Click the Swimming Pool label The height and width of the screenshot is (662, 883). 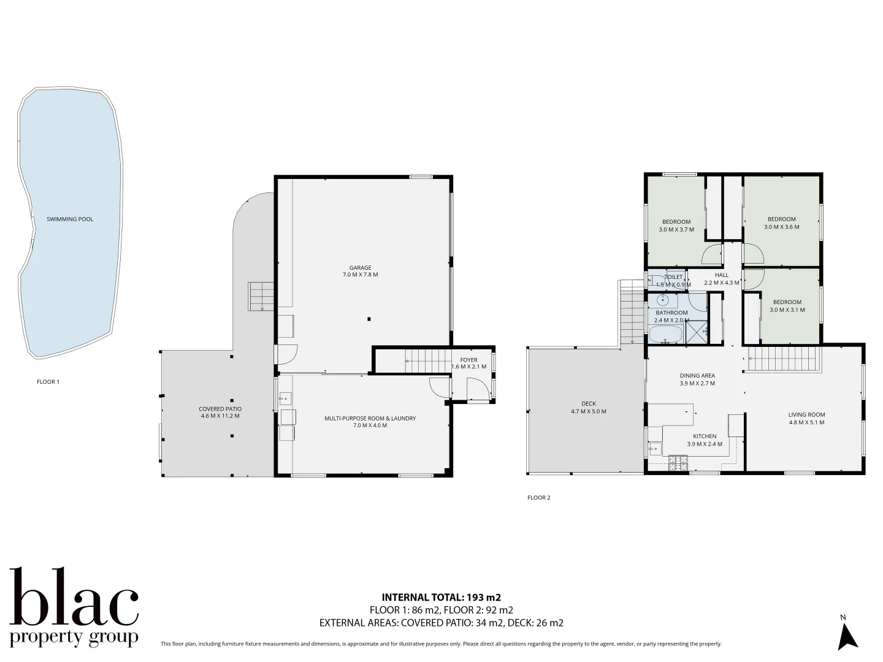(70, 219)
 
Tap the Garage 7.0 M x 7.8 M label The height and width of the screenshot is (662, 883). (360, 271)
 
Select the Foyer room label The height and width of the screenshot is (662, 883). (468, 363)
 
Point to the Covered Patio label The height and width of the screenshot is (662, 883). (220, 412)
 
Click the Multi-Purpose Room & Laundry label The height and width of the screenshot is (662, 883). (370, 422)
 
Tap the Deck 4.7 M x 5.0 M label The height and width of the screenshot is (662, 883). (588, 407)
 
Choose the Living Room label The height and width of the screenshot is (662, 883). (806, 418)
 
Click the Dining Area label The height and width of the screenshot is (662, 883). (697, 379)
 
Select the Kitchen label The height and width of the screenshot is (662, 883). (704, 440)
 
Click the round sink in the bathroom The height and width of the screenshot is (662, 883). (663, 301)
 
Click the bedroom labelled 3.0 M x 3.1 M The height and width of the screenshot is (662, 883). (787, 305)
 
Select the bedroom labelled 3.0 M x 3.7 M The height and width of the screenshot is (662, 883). (676, 226)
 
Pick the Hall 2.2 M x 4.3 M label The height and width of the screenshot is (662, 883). (722, 279)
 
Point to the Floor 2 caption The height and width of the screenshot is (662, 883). (538, 498)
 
